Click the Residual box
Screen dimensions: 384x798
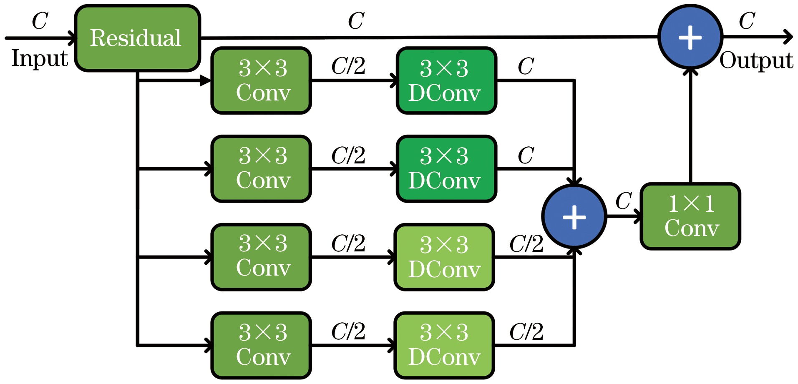click(137, 38)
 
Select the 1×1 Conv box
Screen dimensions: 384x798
click(690, 216)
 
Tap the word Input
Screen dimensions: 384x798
click(39, 58)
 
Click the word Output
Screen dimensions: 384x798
click(756, 60)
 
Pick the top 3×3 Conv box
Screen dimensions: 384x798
click(262, 80)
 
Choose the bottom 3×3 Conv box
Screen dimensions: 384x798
click(262, 345)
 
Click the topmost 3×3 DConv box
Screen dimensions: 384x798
click(446, 80)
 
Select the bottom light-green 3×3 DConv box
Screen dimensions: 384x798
click(444, 345)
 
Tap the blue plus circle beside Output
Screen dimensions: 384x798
click(690, 37)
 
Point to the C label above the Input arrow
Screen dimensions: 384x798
click(40, 21)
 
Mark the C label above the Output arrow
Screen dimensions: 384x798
click(747, 21)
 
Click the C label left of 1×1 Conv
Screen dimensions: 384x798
click(623, 201)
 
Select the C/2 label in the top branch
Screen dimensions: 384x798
click(348, 66)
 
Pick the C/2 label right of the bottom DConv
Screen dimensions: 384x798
click(526, 332)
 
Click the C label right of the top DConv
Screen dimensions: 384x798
click(526, 66)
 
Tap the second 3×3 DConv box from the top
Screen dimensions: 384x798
click(446, 169)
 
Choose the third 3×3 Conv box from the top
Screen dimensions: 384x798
click(262, 257)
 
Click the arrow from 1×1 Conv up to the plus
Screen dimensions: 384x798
click(690, 125)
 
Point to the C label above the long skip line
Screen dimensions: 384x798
click(356, 21)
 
